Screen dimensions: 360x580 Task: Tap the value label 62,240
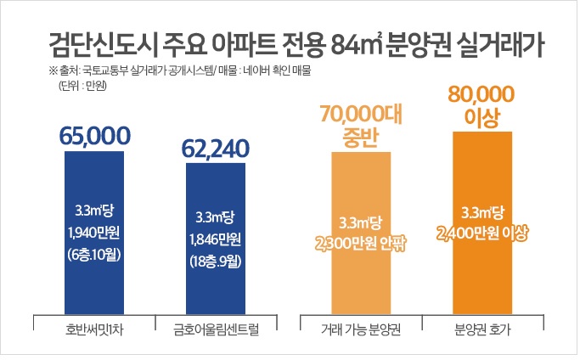click(x=216, y=149)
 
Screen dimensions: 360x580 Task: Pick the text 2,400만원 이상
click(x=482, y=231)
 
